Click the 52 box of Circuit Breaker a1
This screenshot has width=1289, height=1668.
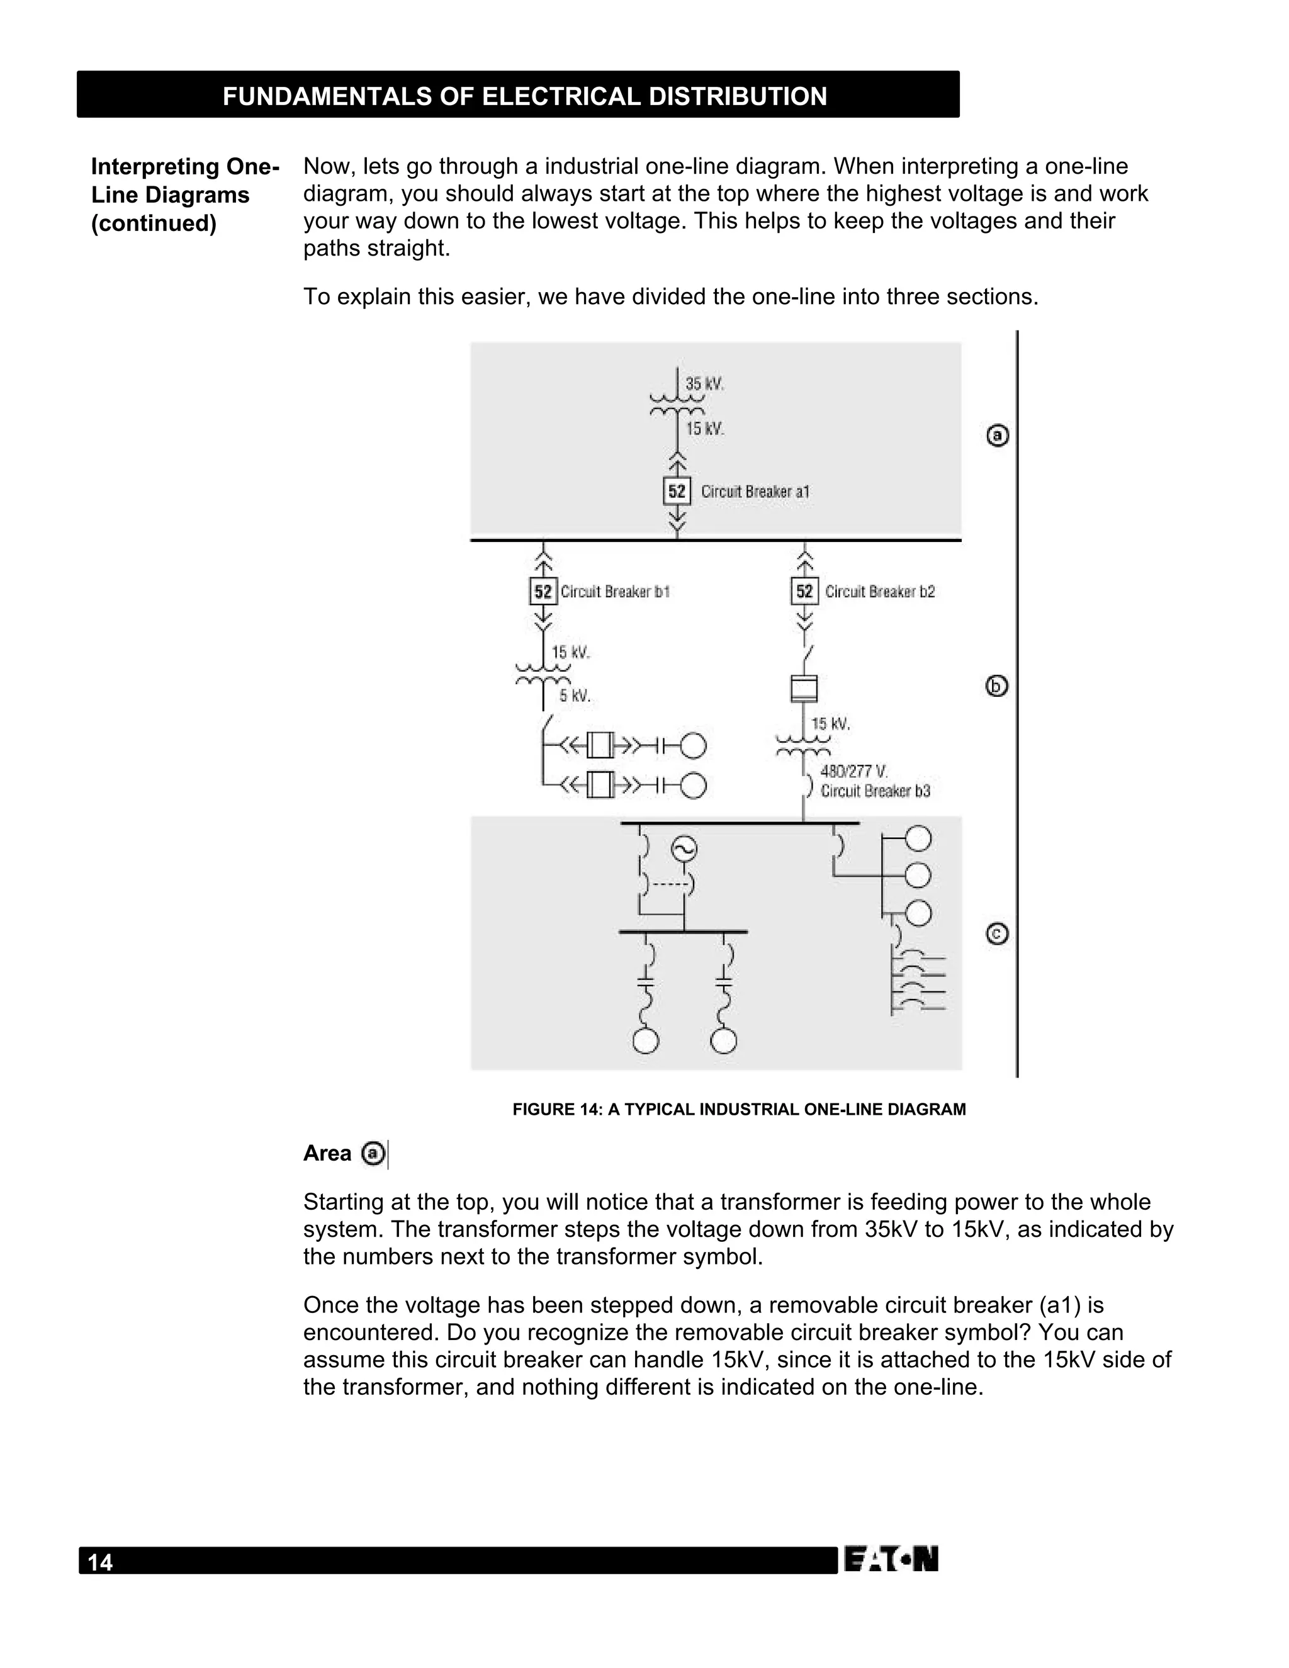pyautogui.click(x=677, y=491)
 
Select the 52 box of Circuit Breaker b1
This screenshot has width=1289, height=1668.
pyautogui.click(x=543, y=591)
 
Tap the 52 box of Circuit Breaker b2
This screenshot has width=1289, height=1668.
pyautogui.click(x=804, y=591)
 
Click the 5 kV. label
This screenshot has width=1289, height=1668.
pyautogui.click(x=574, y=696)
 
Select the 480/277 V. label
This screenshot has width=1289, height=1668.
pyautogui.click(x=853, y=772)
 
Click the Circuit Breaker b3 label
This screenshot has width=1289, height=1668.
pyautogui.click(x=875, y=791)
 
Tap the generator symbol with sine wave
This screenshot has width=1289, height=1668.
pyautogui.click(x=684, y=848)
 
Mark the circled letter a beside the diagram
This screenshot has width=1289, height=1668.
pyautogui.click(x=998, y=436)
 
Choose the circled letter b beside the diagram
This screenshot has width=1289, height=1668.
pyautogui.click(x=998, y=686)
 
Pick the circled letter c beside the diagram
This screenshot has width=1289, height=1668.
pyautogui.click(x=998, y=934)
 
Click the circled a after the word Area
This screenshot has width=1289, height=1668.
pyautogui.click(x=373, y=1153)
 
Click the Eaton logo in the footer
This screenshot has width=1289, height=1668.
pyautogui.click(x=891, y=1560)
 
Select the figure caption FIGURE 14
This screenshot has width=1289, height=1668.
pyautogui.click(x=738, y=1109)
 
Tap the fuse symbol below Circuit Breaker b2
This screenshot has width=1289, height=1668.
pyautogui.click(x=803, y=688)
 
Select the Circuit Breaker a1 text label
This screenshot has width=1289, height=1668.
pyautogui.click(x=755, y=492)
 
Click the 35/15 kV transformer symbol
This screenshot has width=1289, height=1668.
pyautogui.click(x=677, y=404)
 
